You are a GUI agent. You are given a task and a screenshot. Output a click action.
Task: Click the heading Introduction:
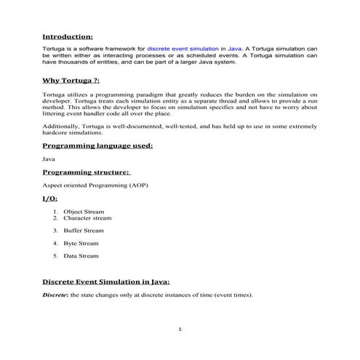67,35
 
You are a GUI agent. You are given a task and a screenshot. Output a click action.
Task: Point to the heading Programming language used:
97,145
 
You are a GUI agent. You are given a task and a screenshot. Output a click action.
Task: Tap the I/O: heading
50,198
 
